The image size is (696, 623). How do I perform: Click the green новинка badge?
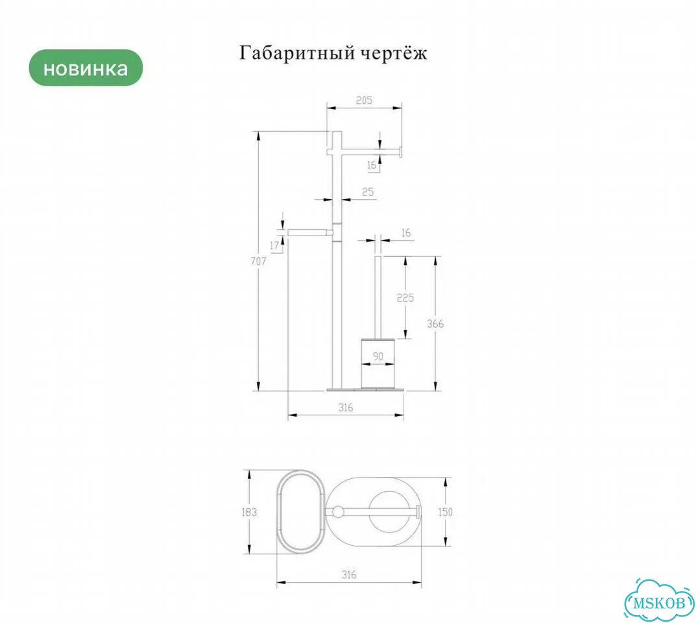(x=86, y=68)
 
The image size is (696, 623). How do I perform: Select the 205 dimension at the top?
(x=364, y=101)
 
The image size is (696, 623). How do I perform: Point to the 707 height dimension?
(x=258, y=261)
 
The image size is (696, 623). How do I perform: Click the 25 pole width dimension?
(x=368, y=192)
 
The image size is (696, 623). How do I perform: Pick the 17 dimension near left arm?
(x=274, y=245)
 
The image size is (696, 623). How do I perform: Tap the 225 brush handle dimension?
(x=405, y=297)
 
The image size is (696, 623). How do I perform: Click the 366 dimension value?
(x=435, y=324)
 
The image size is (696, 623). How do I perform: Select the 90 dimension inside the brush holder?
(x=378, y=356)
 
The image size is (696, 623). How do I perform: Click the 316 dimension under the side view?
(x=345, y=407)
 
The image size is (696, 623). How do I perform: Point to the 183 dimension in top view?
(x=249, y=512)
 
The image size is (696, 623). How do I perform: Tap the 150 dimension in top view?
(x=445, y=512)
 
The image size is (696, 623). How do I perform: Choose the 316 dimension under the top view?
(x=349, y=574)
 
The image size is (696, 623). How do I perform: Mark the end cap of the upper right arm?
(x=400, y=152)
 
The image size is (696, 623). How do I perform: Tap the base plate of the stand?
(x=366, y=389)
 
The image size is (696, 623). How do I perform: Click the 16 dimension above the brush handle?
(x=405, y=233)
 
